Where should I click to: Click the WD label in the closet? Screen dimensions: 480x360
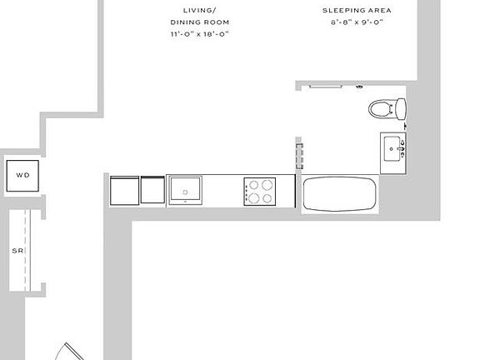tap(23, 175)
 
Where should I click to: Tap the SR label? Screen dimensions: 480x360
tap(17, 251)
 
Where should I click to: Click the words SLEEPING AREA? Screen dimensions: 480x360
tap(357, 10)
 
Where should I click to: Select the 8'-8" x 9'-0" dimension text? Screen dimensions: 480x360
tap(357, 22)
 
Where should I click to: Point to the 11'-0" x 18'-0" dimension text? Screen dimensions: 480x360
tap(200, 34)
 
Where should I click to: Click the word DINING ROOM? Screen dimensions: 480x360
tap(200, 22)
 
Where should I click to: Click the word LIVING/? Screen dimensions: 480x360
tap(200, 10)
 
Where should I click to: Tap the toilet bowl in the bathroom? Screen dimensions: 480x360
tap(381, 109)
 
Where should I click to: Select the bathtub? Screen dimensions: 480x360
tap(340, 194)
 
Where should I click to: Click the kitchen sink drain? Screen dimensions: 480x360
tap(185, 192)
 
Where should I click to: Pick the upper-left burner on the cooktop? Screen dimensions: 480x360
tap(254, 185)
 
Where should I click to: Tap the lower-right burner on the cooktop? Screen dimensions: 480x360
tap(267, 198)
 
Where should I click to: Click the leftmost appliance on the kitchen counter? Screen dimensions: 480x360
tap(125, 190)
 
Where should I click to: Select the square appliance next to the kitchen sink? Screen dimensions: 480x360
tap(152, 189)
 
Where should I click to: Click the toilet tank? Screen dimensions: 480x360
tap(401, 109)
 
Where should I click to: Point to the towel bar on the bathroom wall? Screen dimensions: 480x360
tap(325, 87)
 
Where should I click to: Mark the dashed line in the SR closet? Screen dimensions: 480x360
tap(25, 250)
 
